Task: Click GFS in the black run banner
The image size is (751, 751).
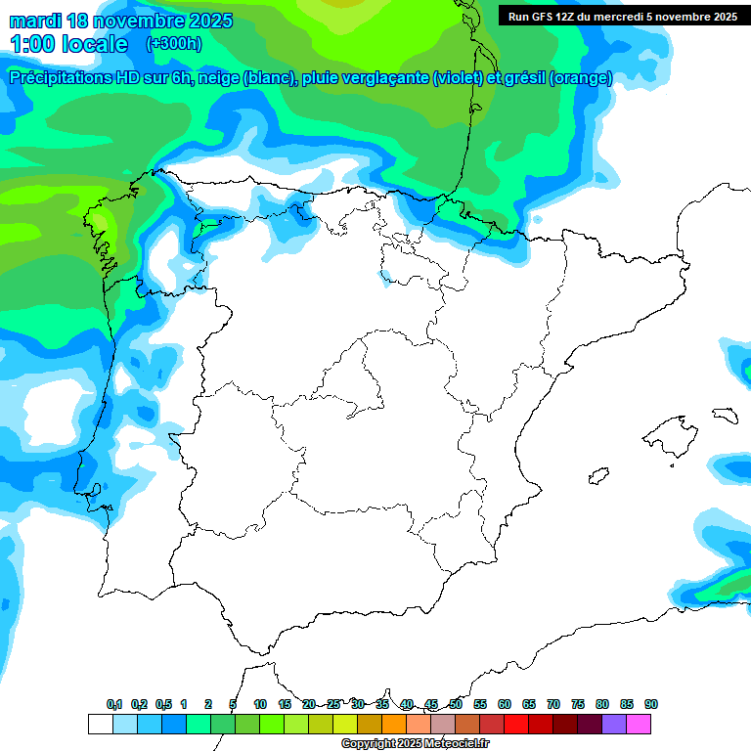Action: click(544, 17)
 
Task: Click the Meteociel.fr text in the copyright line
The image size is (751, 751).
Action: click(450, 744)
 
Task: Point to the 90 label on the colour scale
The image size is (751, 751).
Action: click(651, 704)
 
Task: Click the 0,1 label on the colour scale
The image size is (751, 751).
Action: click(114, 704)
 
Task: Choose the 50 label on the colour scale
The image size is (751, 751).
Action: click(456, 704)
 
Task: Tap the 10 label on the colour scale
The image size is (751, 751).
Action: click(260, 704)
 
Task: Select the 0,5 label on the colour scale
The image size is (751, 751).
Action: click(163, 704)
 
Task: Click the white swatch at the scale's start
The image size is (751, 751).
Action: click(100, 724)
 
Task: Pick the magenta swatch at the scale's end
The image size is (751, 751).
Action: click(639, 724)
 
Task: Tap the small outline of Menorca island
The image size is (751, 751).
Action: click(725, 415)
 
